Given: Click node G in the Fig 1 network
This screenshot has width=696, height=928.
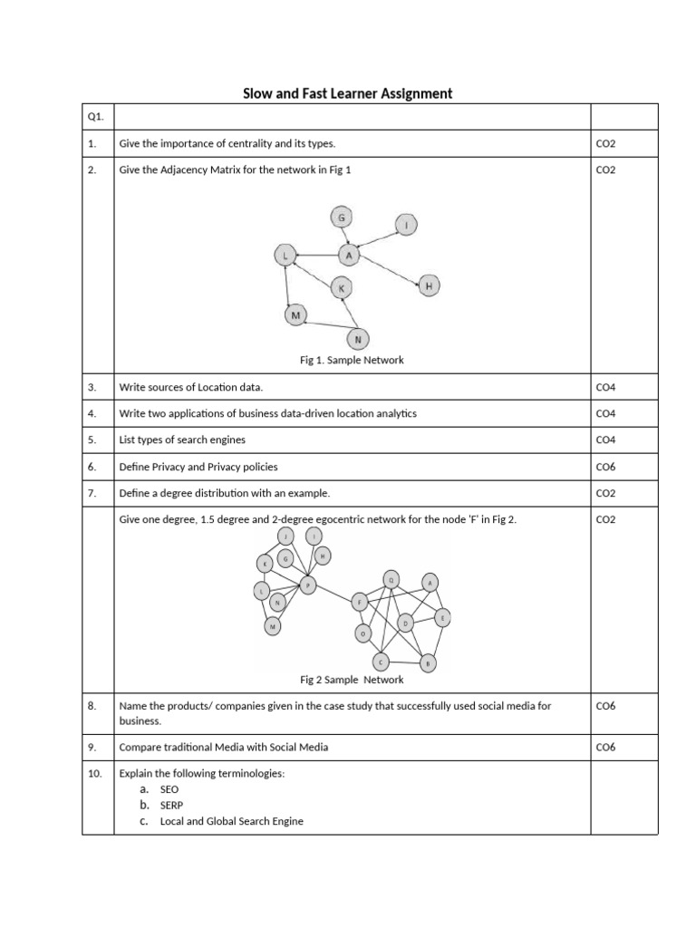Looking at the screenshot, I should (x=342, y=218).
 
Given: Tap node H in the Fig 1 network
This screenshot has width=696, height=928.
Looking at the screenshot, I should (x=429, y=286).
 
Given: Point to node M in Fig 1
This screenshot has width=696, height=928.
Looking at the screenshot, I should (x=295, y=315).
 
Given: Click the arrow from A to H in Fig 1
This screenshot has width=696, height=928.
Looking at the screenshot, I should (x=389, y=272).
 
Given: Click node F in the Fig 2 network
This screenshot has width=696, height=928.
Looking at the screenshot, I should (x=359, y=601).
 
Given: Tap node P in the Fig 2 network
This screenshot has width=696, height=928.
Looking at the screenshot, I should (x=307, y=585).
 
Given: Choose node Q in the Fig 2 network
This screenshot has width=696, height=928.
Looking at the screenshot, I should (x=391, y=577).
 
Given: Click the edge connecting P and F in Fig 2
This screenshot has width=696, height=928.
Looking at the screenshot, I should (x=333, y=593).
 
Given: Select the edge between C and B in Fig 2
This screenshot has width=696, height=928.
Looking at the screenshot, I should (x=405, y=662).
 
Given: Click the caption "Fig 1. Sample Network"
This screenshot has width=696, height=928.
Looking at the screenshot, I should (x=352, y=360).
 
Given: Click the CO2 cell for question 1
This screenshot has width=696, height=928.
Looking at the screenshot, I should (x=605, y=143).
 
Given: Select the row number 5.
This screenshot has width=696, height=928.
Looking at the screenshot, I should (x=92, y=440).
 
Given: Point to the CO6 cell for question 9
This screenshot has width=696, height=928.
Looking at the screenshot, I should (x=605, y=747).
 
